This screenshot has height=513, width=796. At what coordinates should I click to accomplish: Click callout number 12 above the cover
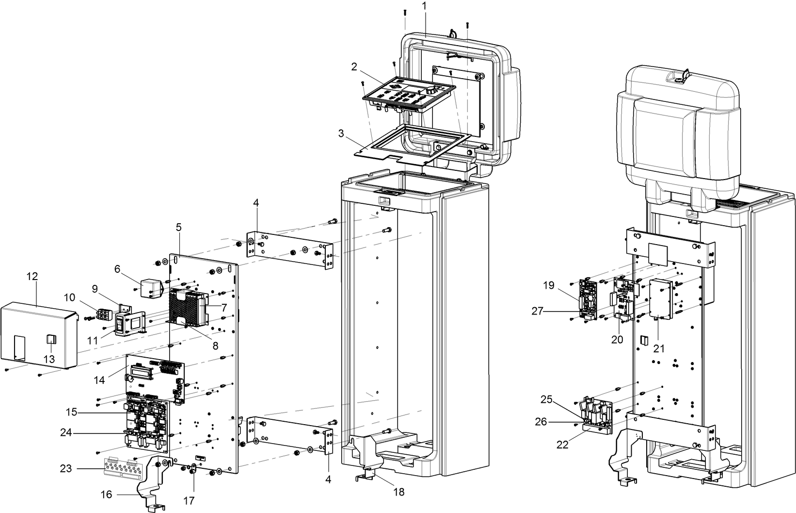click(32, 276)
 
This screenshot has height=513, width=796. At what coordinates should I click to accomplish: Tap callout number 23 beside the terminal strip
click(66, 469)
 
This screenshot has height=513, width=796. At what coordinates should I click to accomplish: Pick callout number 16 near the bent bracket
click(106, 495)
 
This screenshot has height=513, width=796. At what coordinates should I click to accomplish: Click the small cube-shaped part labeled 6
click(150, 287)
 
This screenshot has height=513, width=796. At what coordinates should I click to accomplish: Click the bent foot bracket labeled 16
click(154, 480)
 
